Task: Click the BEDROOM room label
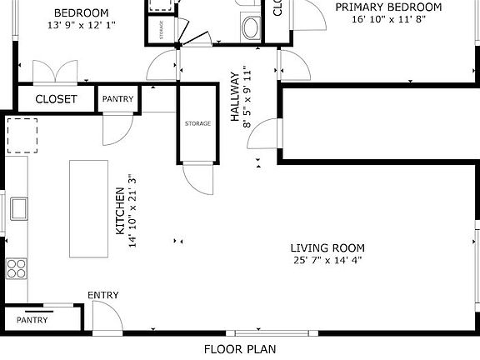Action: [81, 12]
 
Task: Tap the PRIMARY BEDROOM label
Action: [387, 7]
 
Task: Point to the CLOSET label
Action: [56, 99]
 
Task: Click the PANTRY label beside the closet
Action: [117, 99]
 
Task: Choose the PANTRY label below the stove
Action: [32, 319]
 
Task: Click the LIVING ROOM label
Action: [327, 247]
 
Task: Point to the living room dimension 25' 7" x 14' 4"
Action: [327, 260]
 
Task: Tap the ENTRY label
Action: [103, 295]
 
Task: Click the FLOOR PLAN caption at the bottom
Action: [240, 349]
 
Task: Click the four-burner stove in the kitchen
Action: [17, 267]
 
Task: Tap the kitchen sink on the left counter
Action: [17, 207]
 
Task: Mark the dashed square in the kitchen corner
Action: [22, 136]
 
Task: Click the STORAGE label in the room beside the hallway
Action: [197, 123]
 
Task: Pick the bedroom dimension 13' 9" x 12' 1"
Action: [81, 25]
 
